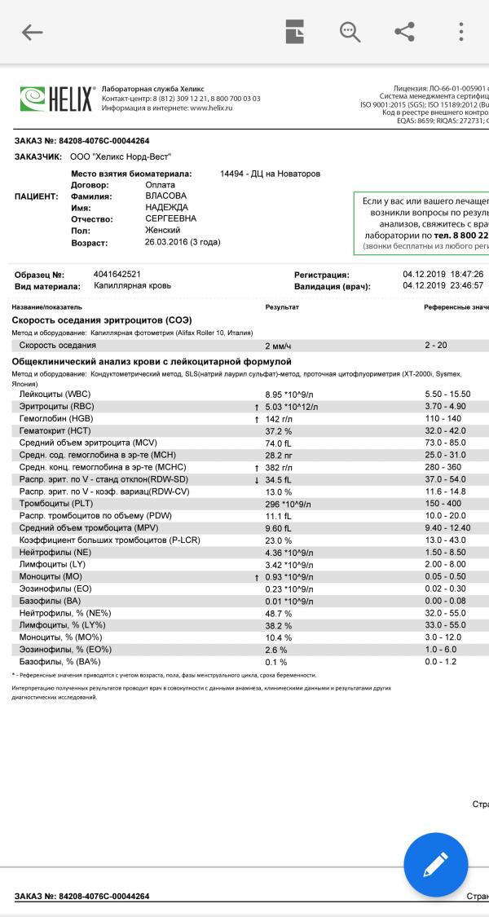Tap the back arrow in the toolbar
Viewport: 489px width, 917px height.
pyautogui.click(x=32, y=33)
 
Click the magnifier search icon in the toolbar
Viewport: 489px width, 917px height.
pyautogui.click(x=350, y=32)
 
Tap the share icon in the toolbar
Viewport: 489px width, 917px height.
pyautogui.click(x=404, y=32)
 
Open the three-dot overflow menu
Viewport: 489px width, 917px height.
pyautogui.click(x=461, y=32)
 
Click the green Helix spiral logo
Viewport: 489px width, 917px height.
pyautogui.click(x=33, y=99)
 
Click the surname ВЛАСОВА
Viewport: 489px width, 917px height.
pyautogui.click(x=165, y=196)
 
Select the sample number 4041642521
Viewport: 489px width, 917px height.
pyautogui.click(x=117, y=275)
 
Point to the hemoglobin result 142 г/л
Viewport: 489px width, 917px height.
pyautogui.click(x=282, y=418)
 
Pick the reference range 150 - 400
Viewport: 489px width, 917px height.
pyautogui.click(x=443, y=504)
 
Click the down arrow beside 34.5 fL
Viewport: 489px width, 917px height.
pyautogui.click(x=257, y=480)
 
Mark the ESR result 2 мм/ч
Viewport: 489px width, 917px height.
pyautogui.click(x=279, y=346)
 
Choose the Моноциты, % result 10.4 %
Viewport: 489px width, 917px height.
pyautogui.click(x=279, y=637)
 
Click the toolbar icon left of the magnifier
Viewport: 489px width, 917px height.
pyautogui.click(x=294, y=32)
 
